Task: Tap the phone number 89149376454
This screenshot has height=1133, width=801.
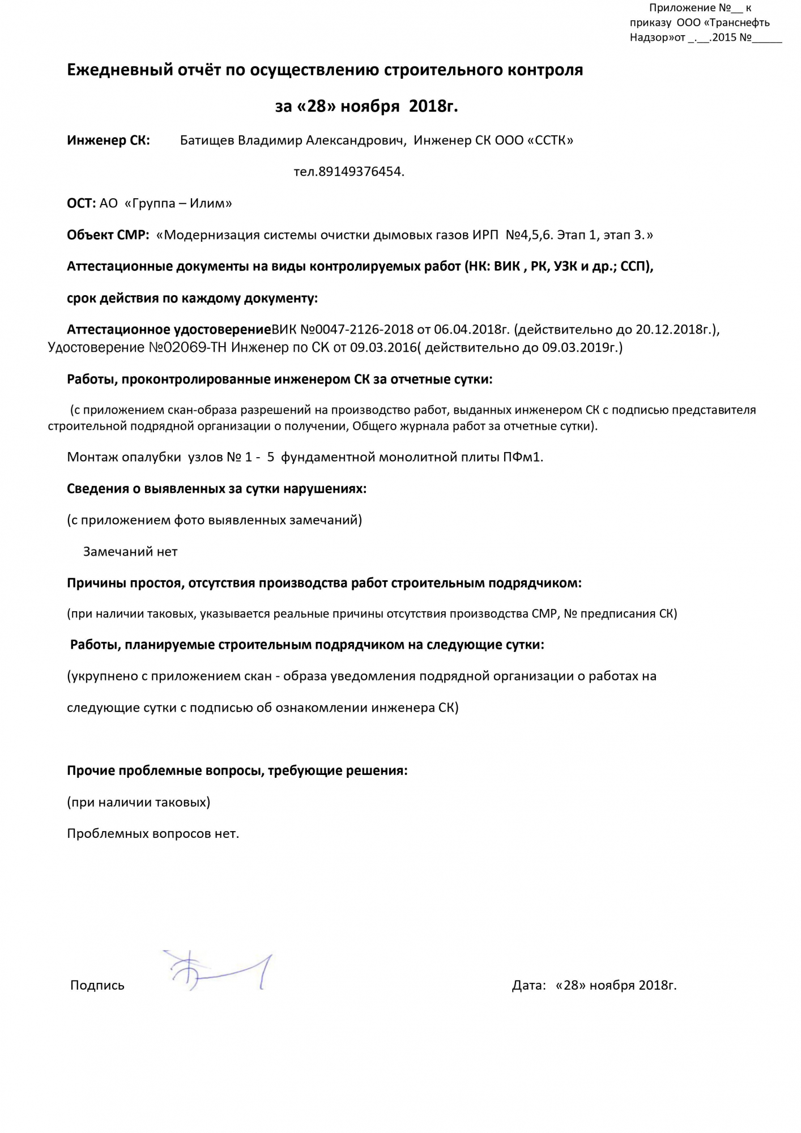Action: pos(361,172)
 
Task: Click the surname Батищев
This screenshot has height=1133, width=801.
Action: pos(207,140)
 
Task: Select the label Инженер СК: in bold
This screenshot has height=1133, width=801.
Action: pos(109,140)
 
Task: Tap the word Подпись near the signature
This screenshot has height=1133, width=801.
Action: pos(97,985)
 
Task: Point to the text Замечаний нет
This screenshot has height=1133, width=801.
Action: pos(130,552)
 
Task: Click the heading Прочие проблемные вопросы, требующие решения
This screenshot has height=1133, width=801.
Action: pos(237,770)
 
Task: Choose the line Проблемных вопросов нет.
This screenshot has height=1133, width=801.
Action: pos(153,833)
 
